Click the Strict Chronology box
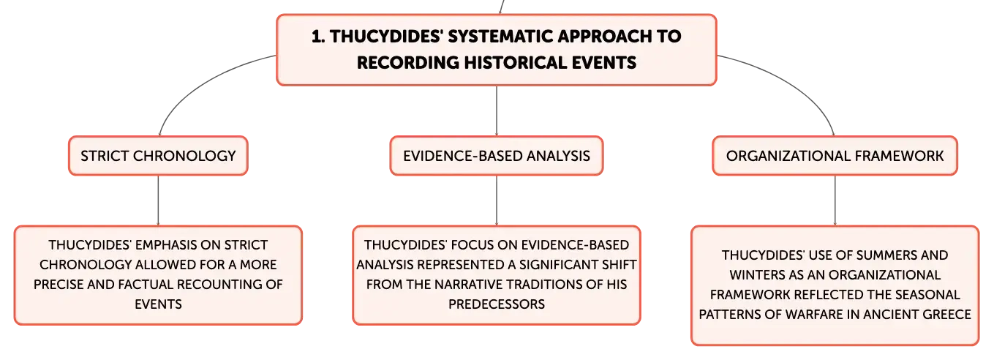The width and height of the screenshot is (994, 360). point(158,156)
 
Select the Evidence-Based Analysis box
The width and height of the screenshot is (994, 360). point(497,156)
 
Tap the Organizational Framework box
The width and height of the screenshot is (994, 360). point(835,156)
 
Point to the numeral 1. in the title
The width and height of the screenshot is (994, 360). point(318,37)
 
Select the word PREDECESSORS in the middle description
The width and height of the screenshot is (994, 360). point(497,304)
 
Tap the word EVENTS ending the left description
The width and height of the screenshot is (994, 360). point(159,304)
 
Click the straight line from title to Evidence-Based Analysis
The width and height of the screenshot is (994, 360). point(497,111)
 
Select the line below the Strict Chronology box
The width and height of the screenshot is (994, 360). point(158,200)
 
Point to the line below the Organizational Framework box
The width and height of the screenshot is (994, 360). point(835,200)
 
